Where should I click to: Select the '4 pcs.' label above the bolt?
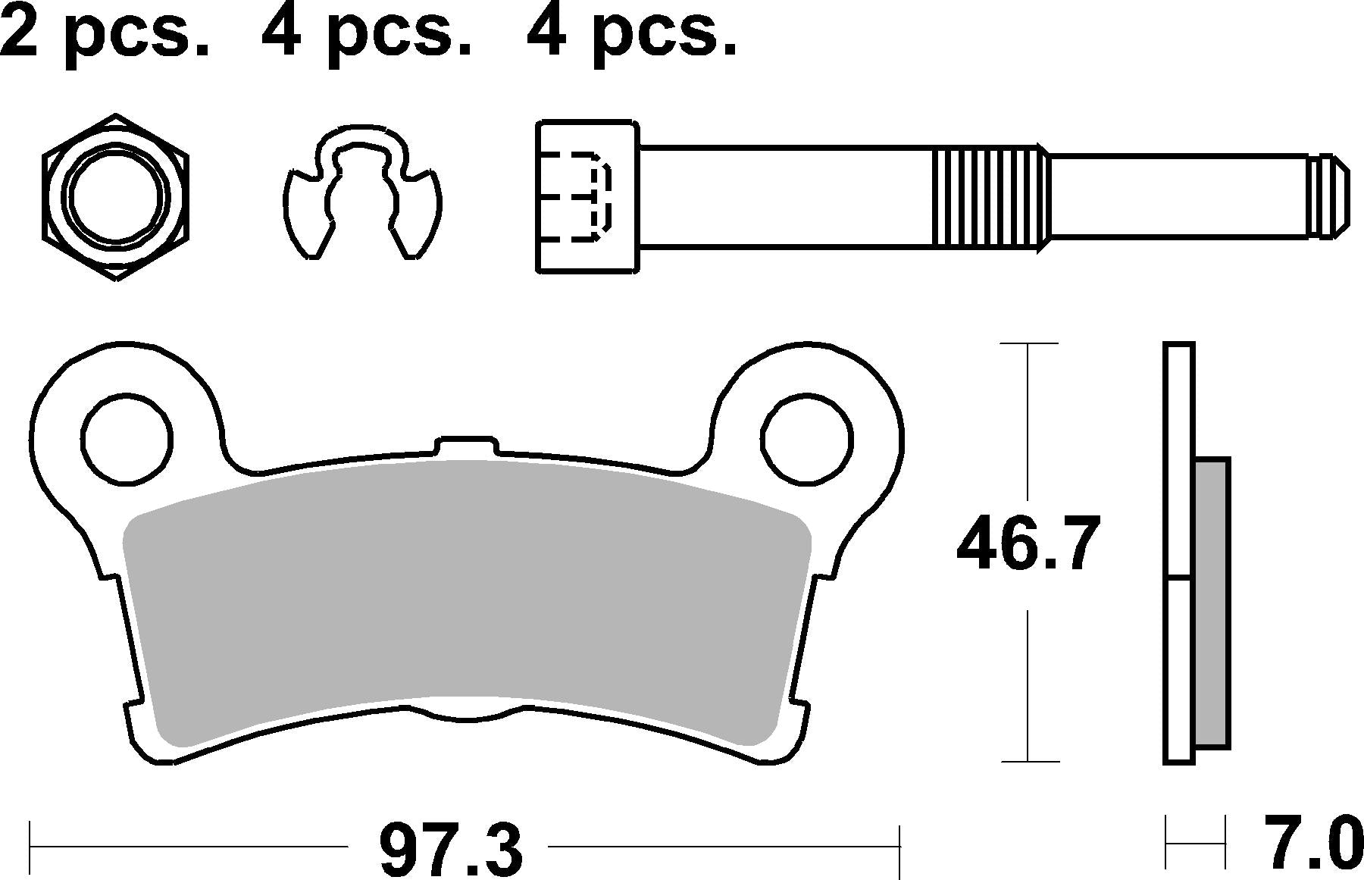(631, 32)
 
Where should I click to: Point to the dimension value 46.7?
(1028, 544)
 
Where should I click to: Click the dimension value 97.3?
(450, 849)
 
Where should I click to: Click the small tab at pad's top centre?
(466, 448)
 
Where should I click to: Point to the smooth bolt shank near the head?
(781, 196)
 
